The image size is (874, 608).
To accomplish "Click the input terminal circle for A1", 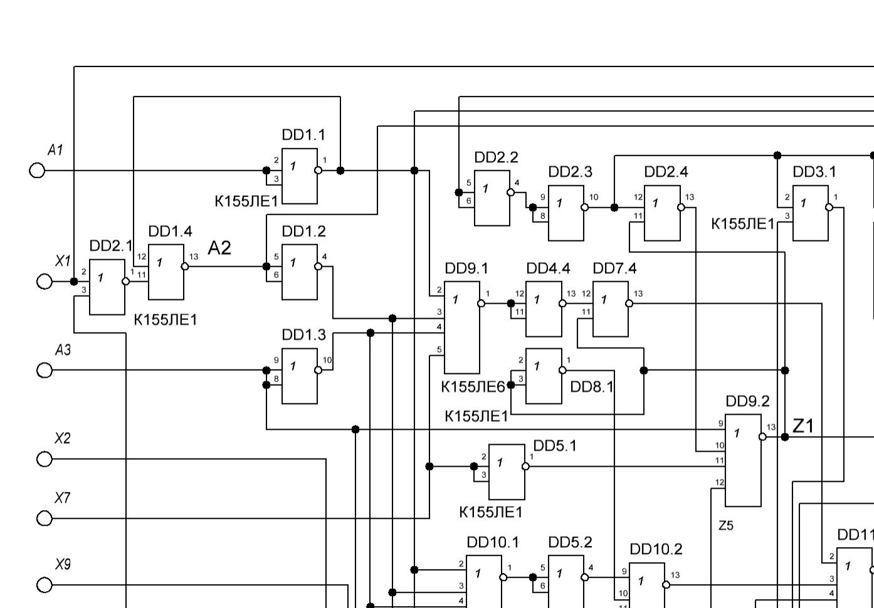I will click(38, 171).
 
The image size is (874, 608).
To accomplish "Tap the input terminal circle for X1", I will click(45, 282).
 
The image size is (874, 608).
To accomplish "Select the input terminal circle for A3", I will click(45, 371).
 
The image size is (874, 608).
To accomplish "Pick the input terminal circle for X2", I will click(45, 459).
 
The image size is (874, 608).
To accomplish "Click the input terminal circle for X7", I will click(45, 518).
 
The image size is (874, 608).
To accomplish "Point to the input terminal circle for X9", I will click(45, 585).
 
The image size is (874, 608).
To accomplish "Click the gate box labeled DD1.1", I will click(300, 176).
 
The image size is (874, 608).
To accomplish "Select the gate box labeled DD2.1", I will click(107, 287).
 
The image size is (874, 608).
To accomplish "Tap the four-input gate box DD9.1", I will click(462, 328).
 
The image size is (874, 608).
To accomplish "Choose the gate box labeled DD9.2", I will click(743, 460).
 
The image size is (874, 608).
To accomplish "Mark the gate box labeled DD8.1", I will click(544, 376).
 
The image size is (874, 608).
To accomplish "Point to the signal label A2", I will click(219, 248).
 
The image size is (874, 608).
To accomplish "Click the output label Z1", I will click(803, 426).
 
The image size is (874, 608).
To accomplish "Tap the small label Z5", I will click(725, 526).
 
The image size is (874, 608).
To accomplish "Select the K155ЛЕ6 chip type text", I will click(473, 387).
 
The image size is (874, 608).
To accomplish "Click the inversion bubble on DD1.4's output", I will click(185, 267).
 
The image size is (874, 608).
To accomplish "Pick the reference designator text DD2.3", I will click(570, 172).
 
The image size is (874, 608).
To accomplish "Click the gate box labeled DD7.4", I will click(611, 309).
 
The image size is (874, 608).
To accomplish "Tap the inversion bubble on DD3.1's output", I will click(829, 207).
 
